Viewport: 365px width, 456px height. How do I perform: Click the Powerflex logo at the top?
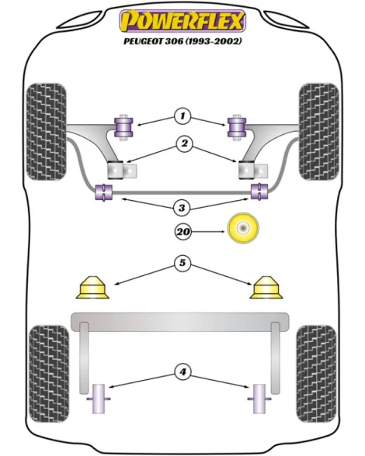(182, 21)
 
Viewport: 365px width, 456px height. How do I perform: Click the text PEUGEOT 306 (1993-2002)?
(182, 41)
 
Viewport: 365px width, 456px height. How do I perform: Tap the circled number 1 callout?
(182, 116)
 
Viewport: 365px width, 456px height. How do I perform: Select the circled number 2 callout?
(184, 143)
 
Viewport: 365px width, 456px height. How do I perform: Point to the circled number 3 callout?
(182, 208)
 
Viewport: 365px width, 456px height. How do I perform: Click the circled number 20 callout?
(183, 232)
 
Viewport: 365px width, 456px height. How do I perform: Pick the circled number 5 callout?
(182, 263)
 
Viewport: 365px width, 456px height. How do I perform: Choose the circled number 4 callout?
(182, 372)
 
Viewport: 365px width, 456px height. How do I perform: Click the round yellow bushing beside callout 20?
(243, 228)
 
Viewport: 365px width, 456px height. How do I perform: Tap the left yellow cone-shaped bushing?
(92, 287)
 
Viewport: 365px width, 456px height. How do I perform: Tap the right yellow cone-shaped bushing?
(266, 287)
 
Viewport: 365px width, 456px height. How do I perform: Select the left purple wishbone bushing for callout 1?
(123, 127)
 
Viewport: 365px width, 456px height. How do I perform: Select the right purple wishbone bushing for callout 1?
(237, 127)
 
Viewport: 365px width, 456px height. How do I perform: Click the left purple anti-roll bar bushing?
(104, 192)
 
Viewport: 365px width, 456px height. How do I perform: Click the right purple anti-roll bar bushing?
(259, 192)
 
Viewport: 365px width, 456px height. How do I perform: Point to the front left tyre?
(46, 132)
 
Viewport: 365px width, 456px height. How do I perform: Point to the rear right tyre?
(316, 374)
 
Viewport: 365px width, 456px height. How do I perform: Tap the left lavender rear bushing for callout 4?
(99, 399)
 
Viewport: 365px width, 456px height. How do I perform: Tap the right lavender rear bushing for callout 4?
(259, 399)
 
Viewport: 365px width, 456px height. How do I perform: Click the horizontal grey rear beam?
(180, 322)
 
